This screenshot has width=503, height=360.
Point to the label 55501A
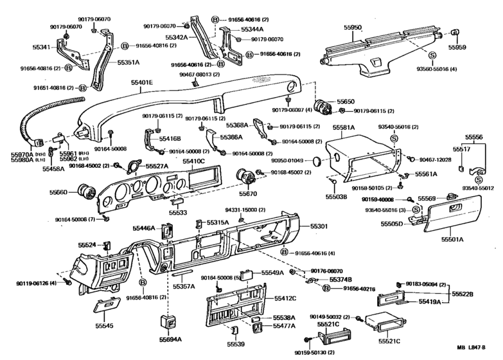[x=452, y=239]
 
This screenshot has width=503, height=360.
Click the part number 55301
[x=319, y=226]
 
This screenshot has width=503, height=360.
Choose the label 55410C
[x=193, y=161]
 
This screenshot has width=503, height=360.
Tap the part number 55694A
[x=170, y=339]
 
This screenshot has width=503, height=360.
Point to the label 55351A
[x=128, y=63]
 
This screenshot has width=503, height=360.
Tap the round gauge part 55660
[x=85, y=192]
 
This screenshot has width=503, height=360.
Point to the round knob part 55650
[x=321, y=107]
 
